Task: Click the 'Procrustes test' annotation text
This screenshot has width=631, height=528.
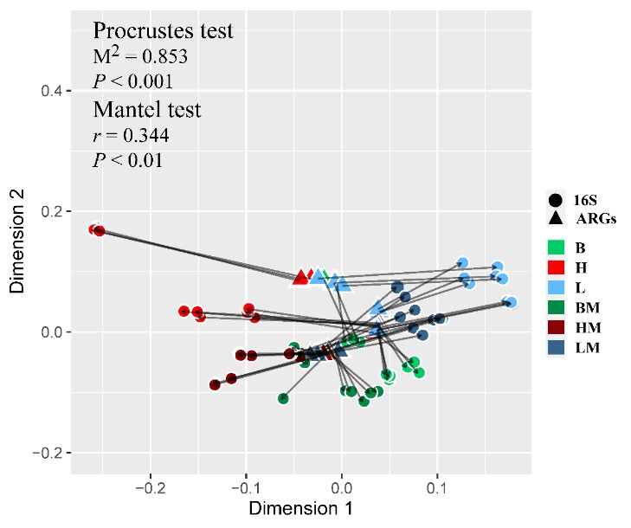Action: tap(163, 31)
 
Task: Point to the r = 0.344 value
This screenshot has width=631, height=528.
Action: tap(131, 136)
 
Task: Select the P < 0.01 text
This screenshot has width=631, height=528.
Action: tap(127, 160)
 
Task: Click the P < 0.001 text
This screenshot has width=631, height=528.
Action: tap(132, 81)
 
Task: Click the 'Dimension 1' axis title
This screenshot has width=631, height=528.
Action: tap(295, 509)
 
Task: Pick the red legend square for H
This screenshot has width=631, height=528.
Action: tap(555, 266)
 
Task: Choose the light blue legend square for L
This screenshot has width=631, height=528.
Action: tap(555, 287)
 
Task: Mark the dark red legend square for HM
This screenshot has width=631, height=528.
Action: tap(555, 327)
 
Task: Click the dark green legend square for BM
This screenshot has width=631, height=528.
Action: tap(555, 306)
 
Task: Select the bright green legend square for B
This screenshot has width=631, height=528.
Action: tap(555, 246)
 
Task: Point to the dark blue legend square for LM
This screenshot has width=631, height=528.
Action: tap(555, 347)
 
